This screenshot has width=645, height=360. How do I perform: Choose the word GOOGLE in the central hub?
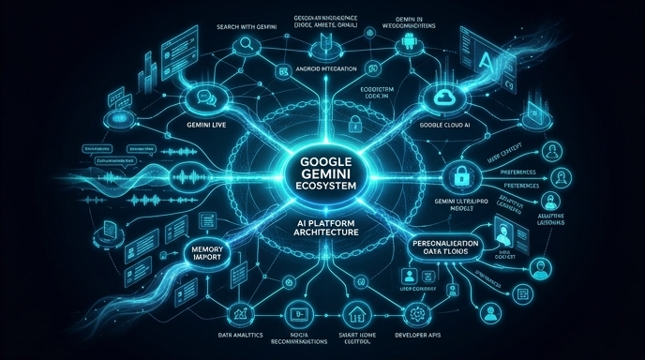(322, 160)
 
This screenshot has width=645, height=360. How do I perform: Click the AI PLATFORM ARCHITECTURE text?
(322, 223)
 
